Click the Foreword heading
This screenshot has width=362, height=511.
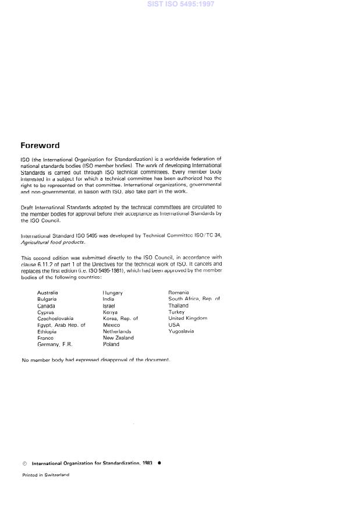pos(40,146)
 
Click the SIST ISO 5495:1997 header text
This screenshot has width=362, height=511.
pos(181,5)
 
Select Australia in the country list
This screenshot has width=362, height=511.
pos(47,292)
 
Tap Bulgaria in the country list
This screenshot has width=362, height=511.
pos(47,299)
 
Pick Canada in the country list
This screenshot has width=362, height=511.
pos(46,305)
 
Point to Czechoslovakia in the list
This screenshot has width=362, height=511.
pos(55,319)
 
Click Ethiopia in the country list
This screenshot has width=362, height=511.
pos(47,332)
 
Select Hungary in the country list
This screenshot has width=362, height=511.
pos(113,292)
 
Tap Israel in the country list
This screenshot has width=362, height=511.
pos(109,305)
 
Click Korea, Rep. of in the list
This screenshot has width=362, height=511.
pos(120,319)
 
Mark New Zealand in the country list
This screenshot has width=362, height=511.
pos(118,338)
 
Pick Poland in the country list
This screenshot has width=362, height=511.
pos(111,344)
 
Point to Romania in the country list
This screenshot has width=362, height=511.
pos(179,292)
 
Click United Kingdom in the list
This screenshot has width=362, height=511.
pos(187,319)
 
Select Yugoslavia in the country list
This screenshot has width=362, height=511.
pos(181,332)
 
